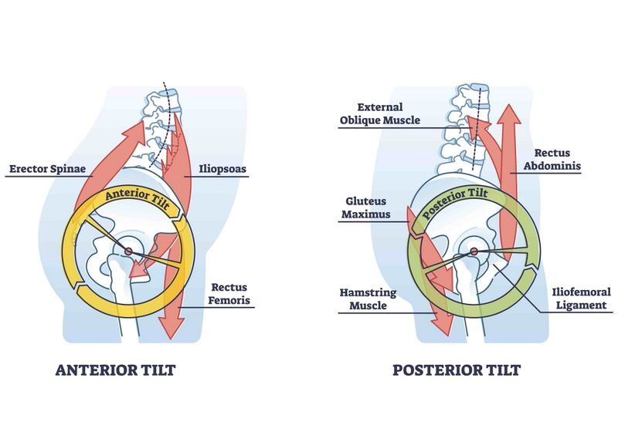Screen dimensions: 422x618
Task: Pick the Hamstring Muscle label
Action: point(369,299)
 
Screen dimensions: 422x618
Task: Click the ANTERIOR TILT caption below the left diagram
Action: point(115,370)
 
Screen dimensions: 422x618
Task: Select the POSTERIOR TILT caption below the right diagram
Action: point(457,370)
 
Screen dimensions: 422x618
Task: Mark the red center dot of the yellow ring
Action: point(128,249)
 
